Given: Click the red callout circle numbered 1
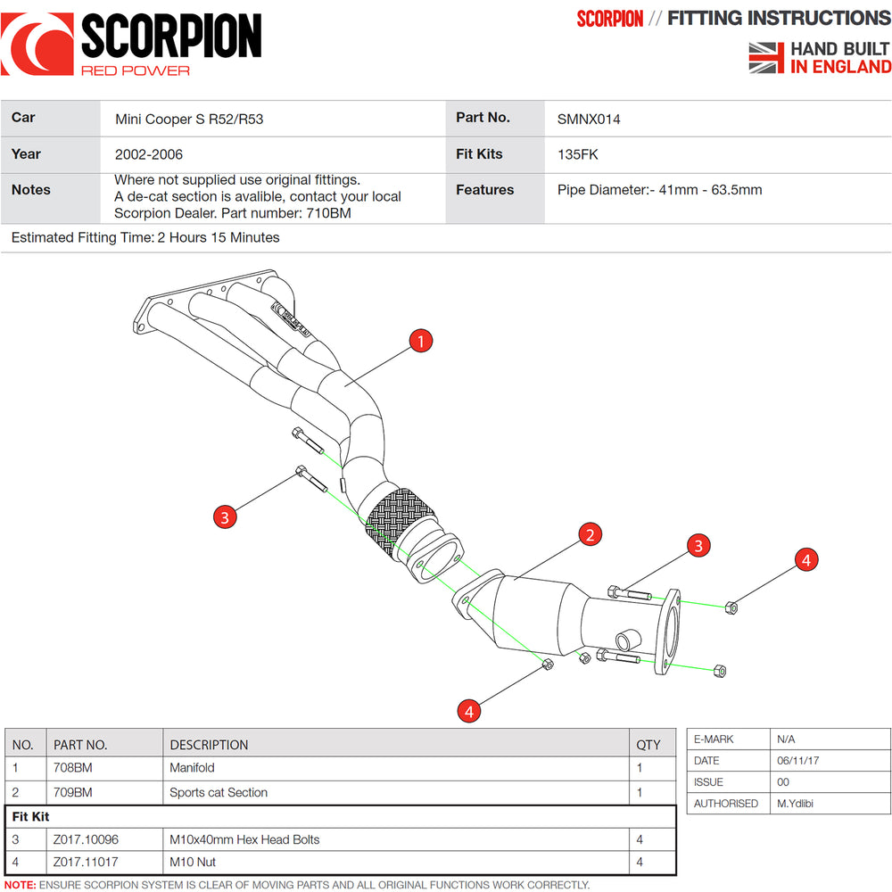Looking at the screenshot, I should tap(420, 340).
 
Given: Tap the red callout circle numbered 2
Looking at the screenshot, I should tap(589, 534).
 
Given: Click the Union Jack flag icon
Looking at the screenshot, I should tap(766, 57).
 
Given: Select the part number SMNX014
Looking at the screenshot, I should tap(589, 119).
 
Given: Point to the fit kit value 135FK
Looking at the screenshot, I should tap(578, 154).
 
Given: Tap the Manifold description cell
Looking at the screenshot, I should tap(192, 768).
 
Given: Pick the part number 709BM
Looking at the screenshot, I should tap(73, 792).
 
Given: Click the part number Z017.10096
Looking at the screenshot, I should tap(86, 839).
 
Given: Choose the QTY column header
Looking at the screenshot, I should tap(648, 745).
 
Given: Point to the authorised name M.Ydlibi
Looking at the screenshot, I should tap(795, 804).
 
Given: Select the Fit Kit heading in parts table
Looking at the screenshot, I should tap(30, 816).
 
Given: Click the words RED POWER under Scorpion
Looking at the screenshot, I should tap(135, 70).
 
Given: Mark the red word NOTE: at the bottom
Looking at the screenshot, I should tap(20, 885).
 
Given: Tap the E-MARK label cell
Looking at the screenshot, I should tap(714, 739).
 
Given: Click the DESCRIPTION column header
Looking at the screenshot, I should tap(209, 745).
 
